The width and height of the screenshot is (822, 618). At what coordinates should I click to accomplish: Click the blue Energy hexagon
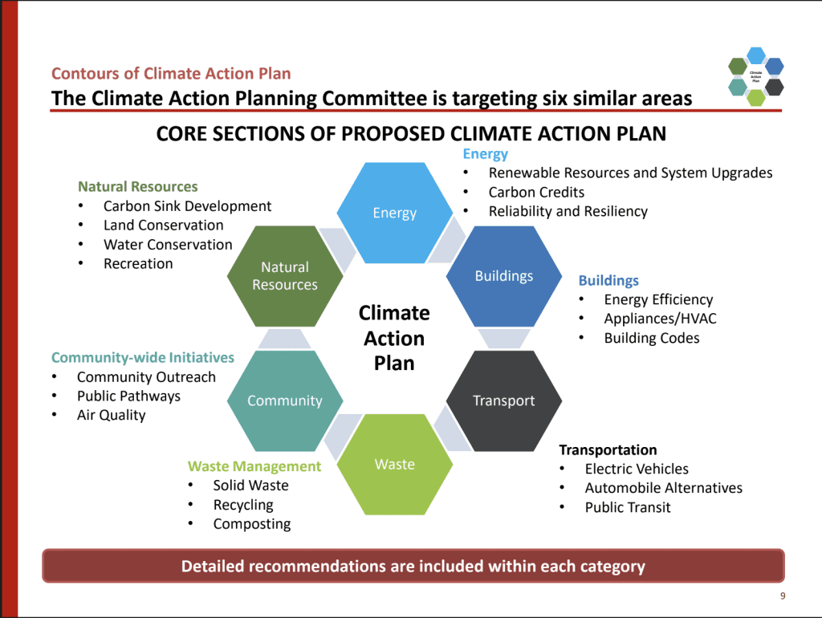pos(394,213)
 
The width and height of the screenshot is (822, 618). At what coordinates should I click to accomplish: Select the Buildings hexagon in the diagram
pos(503,276)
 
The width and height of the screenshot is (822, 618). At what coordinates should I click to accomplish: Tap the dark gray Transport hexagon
pos(503,400)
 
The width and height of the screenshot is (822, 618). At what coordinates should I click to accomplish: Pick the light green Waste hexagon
pos(394,464)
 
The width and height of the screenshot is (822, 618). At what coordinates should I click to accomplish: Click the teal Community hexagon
pos(285,400)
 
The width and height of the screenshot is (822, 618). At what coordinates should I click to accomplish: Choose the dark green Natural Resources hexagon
pos(285,276)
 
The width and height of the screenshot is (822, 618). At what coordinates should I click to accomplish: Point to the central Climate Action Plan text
pos(394,337)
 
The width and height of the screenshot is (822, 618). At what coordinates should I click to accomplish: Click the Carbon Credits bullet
pos(536,192)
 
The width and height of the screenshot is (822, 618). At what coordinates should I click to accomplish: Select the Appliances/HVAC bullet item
pos(660,319)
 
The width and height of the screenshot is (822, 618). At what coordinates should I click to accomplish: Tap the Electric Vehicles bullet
pos(637,469)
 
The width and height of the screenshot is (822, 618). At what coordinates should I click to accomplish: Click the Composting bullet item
pos(251,524)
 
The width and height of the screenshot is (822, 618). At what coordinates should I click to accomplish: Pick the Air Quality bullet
pos(111,415)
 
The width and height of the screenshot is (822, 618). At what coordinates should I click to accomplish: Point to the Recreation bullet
pos(138,263)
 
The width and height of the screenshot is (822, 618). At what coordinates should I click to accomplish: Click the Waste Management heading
pos(254,466)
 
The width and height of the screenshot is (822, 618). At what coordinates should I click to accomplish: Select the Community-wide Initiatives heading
pos(143,357)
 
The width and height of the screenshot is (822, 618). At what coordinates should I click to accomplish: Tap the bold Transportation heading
pos(608,449)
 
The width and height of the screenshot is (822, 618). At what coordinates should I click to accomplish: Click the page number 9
pos(782,596)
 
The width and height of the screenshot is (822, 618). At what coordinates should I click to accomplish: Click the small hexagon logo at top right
pos(755,77)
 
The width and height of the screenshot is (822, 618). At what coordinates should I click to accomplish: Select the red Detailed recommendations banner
pos(413,566)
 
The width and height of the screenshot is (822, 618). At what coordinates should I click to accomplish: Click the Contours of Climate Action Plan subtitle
pos(171,74)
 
